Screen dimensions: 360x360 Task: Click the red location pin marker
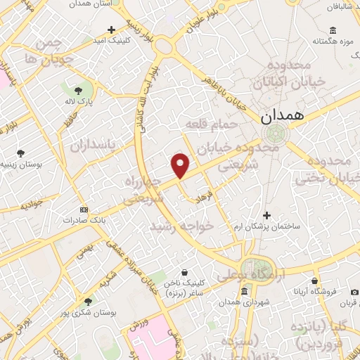tap(181, 165)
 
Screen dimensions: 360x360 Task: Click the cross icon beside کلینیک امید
tap(111, 30)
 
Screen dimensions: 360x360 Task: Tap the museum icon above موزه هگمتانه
tap(333, 30)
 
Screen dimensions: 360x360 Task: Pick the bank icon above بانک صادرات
tap(84, 210)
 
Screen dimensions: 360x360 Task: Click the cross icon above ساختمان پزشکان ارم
tap(266, 215)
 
